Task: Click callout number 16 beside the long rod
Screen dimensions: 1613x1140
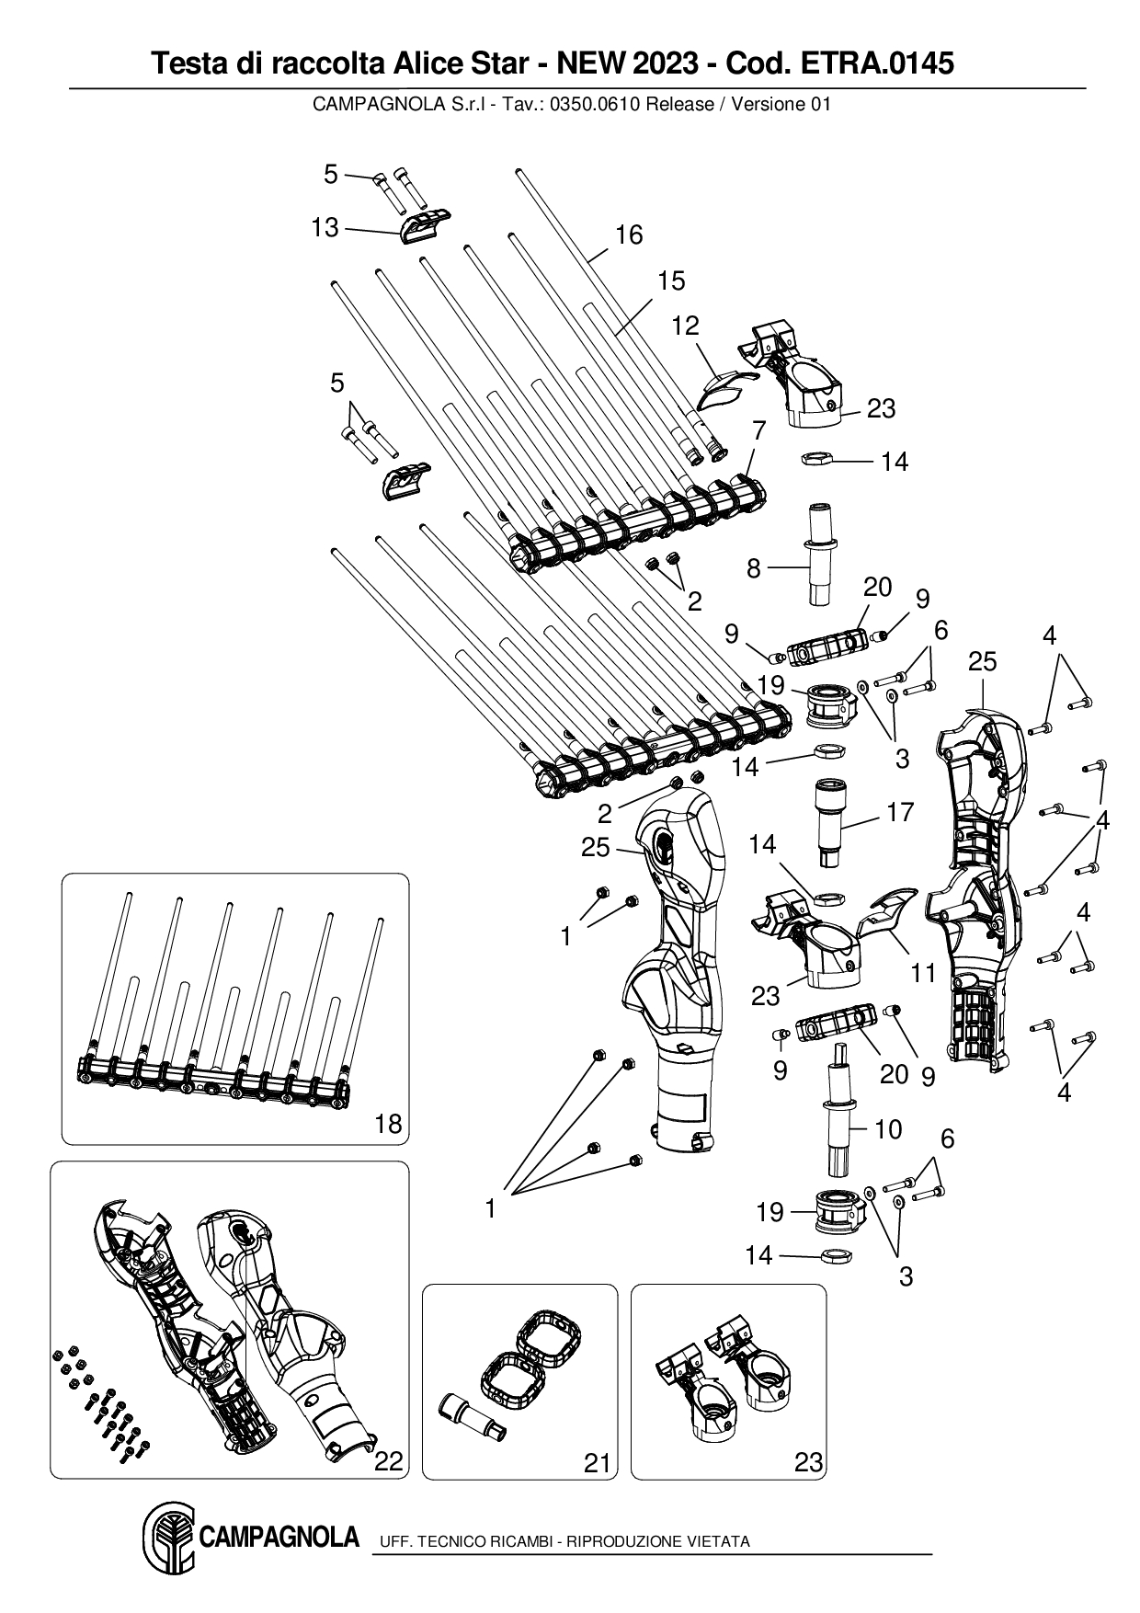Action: [x=629, y=235]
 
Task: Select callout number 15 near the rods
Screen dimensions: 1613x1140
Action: [x=671, y=280]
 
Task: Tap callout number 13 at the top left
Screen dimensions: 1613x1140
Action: [x=325, y=227]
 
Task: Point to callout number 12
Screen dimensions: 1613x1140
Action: [x=685, y=326]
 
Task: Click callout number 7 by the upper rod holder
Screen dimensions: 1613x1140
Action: [x=758, y=429]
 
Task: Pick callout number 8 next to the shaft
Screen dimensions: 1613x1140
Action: [x=754, y=568]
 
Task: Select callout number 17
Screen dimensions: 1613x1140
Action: [x=901, y=811]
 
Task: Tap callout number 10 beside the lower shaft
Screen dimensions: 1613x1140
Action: [x=888, y=1128]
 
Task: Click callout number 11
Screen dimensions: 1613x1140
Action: [x=922, y=973]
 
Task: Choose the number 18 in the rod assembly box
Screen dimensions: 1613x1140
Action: [x=389, y=1124]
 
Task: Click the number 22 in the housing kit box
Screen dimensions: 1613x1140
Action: [x=389, y=1461]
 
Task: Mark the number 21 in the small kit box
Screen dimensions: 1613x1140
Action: [x=598, y=1462]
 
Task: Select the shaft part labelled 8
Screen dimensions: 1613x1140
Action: [x=821, y=552]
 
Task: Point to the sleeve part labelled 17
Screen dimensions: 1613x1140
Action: [x=834, y=817]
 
